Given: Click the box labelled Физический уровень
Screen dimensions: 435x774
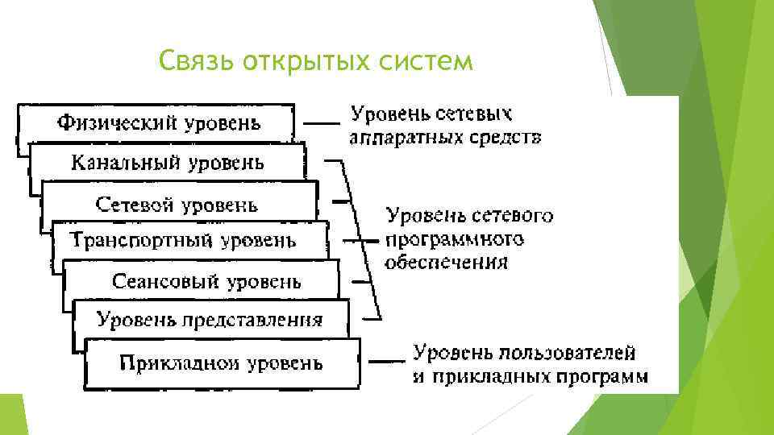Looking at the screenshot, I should pos(158,124).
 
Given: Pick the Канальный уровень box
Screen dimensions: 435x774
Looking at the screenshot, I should pos(167,164).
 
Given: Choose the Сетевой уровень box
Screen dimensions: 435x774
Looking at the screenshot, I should pos(177,204).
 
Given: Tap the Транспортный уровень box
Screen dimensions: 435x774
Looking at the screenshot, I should pos(183,240).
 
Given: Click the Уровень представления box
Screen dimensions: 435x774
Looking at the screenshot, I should pos(210,320).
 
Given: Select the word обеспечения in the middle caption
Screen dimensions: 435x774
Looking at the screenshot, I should pos(447,262).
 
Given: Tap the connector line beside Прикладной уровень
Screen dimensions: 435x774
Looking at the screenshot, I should pos(387,361).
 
